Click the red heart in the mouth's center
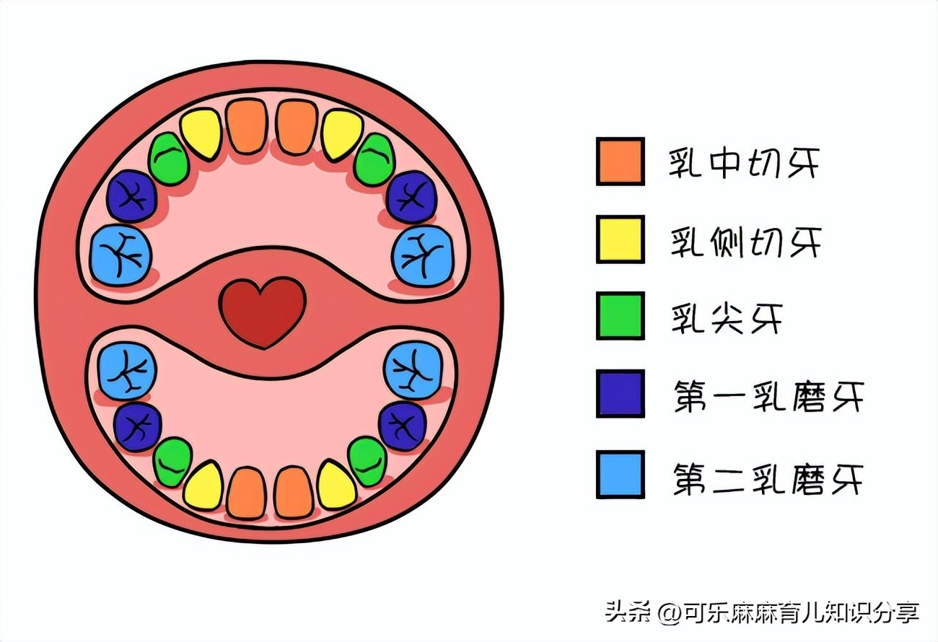point(263,311)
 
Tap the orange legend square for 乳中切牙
point(620,162)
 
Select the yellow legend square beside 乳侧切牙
point(620,239)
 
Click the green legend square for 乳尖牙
point(620,316)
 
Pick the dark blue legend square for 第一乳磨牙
point(620,394)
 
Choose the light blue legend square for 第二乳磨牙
point(620,475)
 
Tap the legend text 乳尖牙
point(725,317)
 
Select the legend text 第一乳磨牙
point(767,395)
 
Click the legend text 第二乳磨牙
point(767,476)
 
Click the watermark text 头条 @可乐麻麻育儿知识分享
point(762,613)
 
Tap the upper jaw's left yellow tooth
point(201,133)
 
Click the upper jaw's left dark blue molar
point(132,196)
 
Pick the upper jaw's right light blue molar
point(423,255)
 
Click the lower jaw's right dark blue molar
point(402,426)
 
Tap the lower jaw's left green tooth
point(173,462)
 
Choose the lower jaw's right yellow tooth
point(337,485)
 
